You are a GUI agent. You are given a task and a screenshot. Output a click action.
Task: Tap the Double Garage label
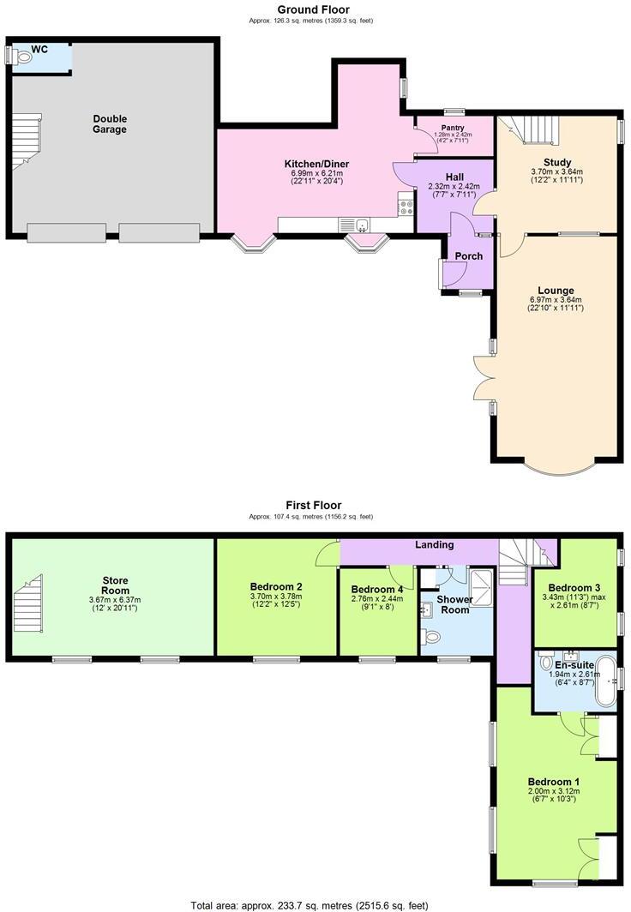click(x=110, y=124)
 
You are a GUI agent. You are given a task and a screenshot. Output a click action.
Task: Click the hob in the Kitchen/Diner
click(x=406, y=207)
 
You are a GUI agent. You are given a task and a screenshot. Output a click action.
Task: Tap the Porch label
click(x=468, y=255)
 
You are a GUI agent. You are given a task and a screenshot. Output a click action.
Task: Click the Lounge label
click(x=556, y=291)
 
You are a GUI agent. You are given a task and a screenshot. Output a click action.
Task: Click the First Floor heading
click(x=313, y=506)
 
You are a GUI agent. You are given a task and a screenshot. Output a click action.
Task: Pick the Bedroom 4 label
click(x=376, y=589)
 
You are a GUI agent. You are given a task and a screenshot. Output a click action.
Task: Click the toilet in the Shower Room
click(x=432, y=636)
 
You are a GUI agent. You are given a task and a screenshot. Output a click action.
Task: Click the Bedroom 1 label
click(x=554, y=782)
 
